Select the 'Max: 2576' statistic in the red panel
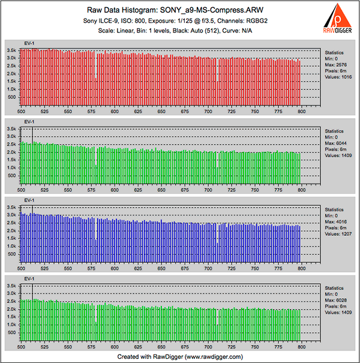pyautogui.click(x=337, y=65)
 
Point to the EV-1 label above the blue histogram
pyautogui.click(x=29, y=201)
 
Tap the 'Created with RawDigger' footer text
pyautogui.click(x=180, y=356)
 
